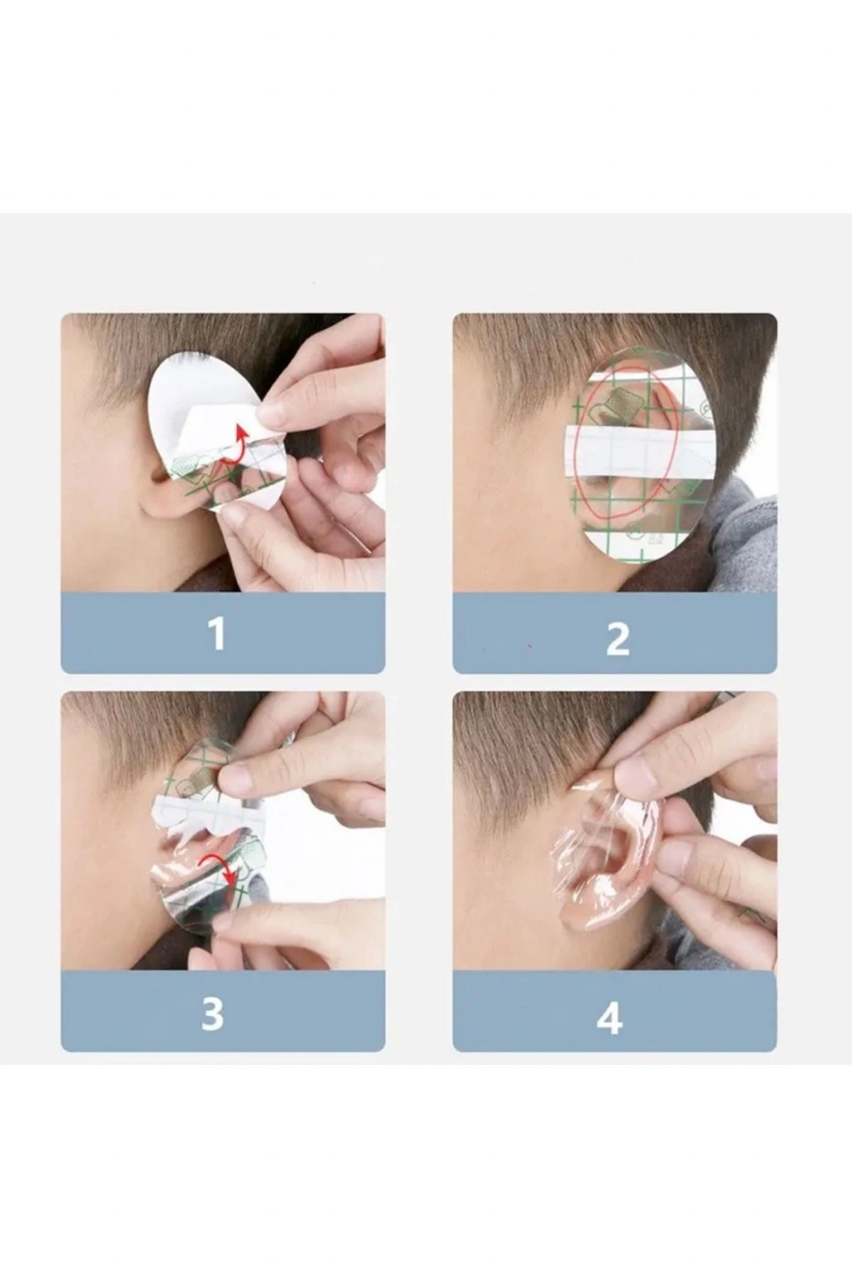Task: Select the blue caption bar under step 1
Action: pyautogui.click(x=222, y=632)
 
